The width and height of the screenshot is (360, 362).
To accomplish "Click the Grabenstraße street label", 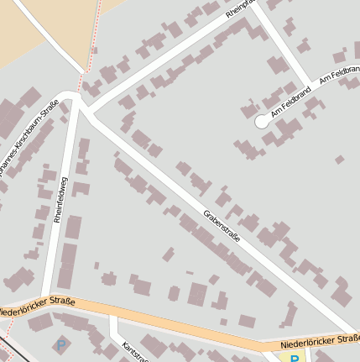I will click(x=222, y=227).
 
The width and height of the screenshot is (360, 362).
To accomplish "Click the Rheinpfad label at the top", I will click(x=239, y=8).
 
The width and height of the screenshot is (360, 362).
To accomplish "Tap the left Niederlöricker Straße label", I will click(x=38, y=307).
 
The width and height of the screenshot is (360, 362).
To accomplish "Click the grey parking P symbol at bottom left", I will click(x=60, y=344).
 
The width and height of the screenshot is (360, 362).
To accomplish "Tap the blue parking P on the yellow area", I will click(x=295, y=358).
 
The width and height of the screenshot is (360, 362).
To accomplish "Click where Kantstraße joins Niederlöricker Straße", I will click(x=112, y=317).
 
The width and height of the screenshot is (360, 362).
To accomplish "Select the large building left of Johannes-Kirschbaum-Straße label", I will click(x=10, y=118).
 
